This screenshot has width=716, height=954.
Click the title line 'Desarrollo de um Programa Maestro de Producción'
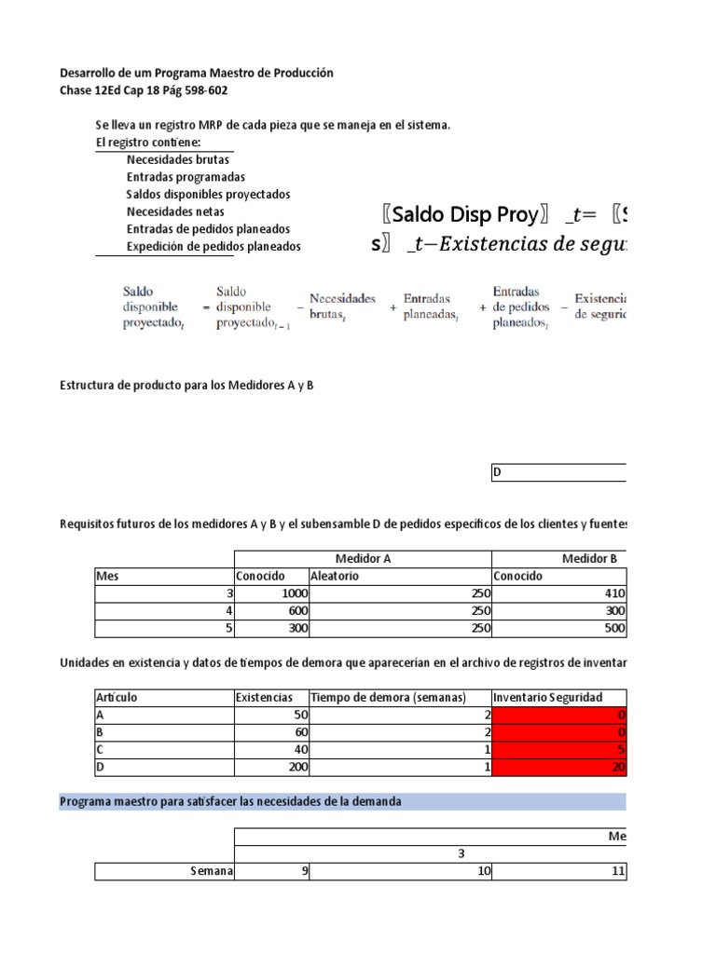coord(196,73)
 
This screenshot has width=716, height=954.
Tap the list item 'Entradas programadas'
coord(186,177)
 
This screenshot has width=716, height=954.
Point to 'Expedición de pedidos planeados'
coord(213,247)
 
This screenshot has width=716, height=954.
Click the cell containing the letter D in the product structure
coord(558,472)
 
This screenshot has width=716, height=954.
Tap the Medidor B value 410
coord(558,593)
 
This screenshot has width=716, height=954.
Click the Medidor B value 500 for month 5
coord(558,628)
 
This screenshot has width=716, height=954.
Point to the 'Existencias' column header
coord(270,698)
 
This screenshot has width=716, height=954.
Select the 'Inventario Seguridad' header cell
coord(558,698)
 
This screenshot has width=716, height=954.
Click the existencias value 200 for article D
coord(270,768)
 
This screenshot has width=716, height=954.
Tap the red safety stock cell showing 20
coord(558,768)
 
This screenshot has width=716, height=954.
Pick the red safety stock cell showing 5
coord(558,750)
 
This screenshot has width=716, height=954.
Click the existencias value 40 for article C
coord(270,750)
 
